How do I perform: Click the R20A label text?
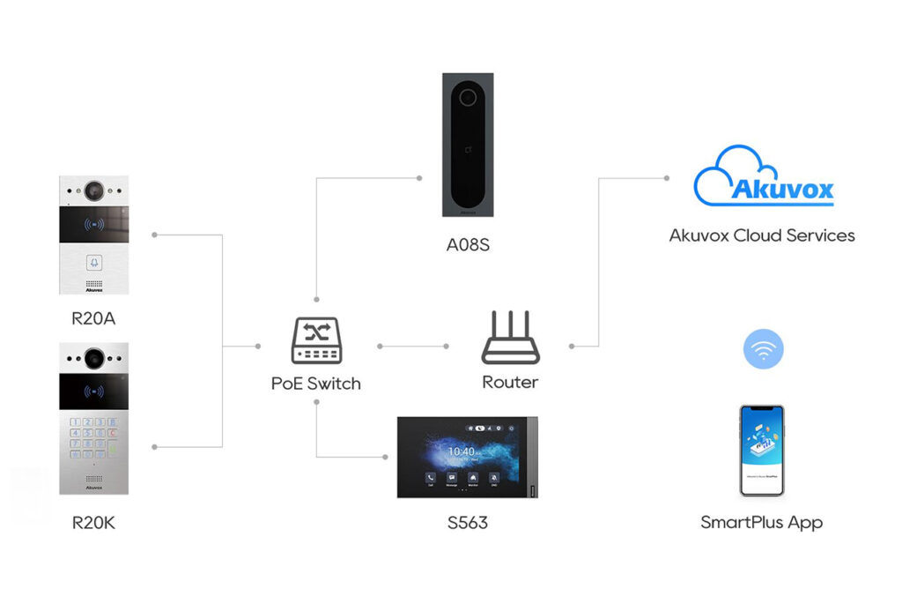tap(93, 318)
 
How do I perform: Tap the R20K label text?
tap(93, 523)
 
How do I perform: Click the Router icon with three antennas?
tap(510, 340)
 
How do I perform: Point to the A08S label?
tap(467, 244)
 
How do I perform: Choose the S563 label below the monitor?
tap(466, 523)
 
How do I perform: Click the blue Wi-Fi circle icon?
tap(763, 349)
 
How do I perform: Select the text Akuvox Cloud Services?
tap(762, 235)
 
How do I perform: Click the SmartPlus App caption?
tap(762, 522)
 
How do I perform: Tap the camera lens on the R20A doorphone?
tap(94, 190)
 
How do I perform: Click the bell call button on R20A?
tap(94, 262)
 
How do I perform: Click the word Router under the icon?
tap(510, 383)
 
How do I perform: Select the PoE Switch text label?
tap(315, 384)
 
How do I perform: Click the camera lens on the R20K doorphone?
tap(93, 358)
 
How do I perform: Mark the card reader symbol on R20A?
tap(93, 225)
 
